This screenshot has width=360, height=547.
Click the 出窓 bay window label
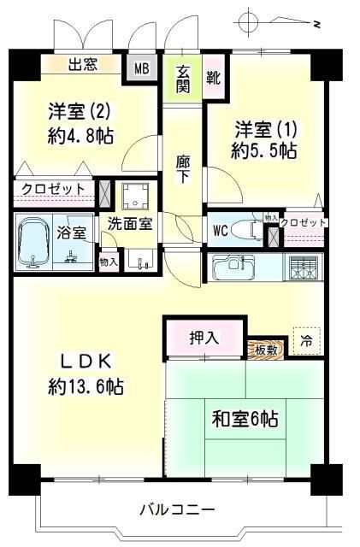82,62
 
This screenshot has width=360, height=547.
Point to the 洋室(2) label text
78,110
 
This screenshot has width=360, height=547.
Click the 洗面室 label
130,225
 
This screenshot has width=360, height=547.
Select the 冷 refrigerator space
305,339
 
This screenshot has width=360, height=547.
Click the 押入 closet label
204,338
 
